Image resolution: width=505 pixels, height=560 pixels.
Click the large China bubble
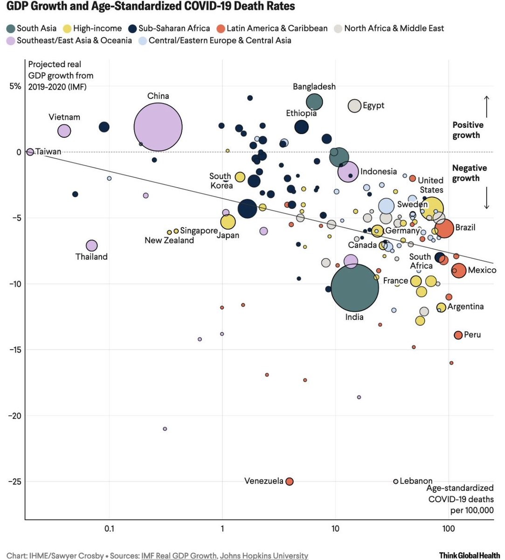(158, 127)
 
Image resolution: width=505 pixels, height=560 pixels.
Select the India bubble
(354, 287)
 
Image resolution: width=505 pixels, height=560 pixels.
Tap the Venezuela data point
(289, 481)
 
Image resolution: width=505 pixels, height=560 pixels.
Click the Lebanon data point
(396, 481)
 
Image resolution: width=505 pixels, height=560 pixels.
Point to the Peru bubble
(458, 335)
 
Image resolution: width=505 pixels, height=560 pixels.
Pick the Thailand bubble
(91, 245)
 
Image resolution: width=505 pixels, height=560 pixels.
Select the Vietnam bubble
(64, 131)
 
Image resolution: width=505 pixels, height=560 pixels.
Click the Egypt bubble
(355, 106)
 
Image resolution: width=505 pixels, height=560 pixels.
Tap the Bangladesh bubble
(314, 101)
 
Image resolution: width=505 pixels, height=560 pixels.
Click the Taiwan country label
(48, 152)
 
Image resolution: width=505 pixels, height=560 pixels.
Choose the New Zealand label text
(169, 240)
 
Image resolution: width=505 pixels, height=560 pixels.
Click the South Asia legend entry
(32, 28)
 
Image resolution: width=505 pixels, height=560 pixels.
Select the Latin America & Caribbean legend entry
(272, 28)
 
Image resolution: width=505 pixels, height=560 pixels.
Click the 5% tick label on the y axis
(15, 86)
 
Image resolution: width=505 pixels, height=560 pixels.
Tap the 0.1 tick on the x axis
(110, 529)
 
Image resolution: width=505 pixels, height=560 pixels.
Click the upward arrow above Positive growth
(486, 106)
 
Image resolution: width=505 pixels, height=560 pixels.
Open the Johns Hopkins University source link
(264, 556)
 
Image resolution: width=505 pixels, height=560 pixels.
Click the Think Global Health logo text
(469, 555)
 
